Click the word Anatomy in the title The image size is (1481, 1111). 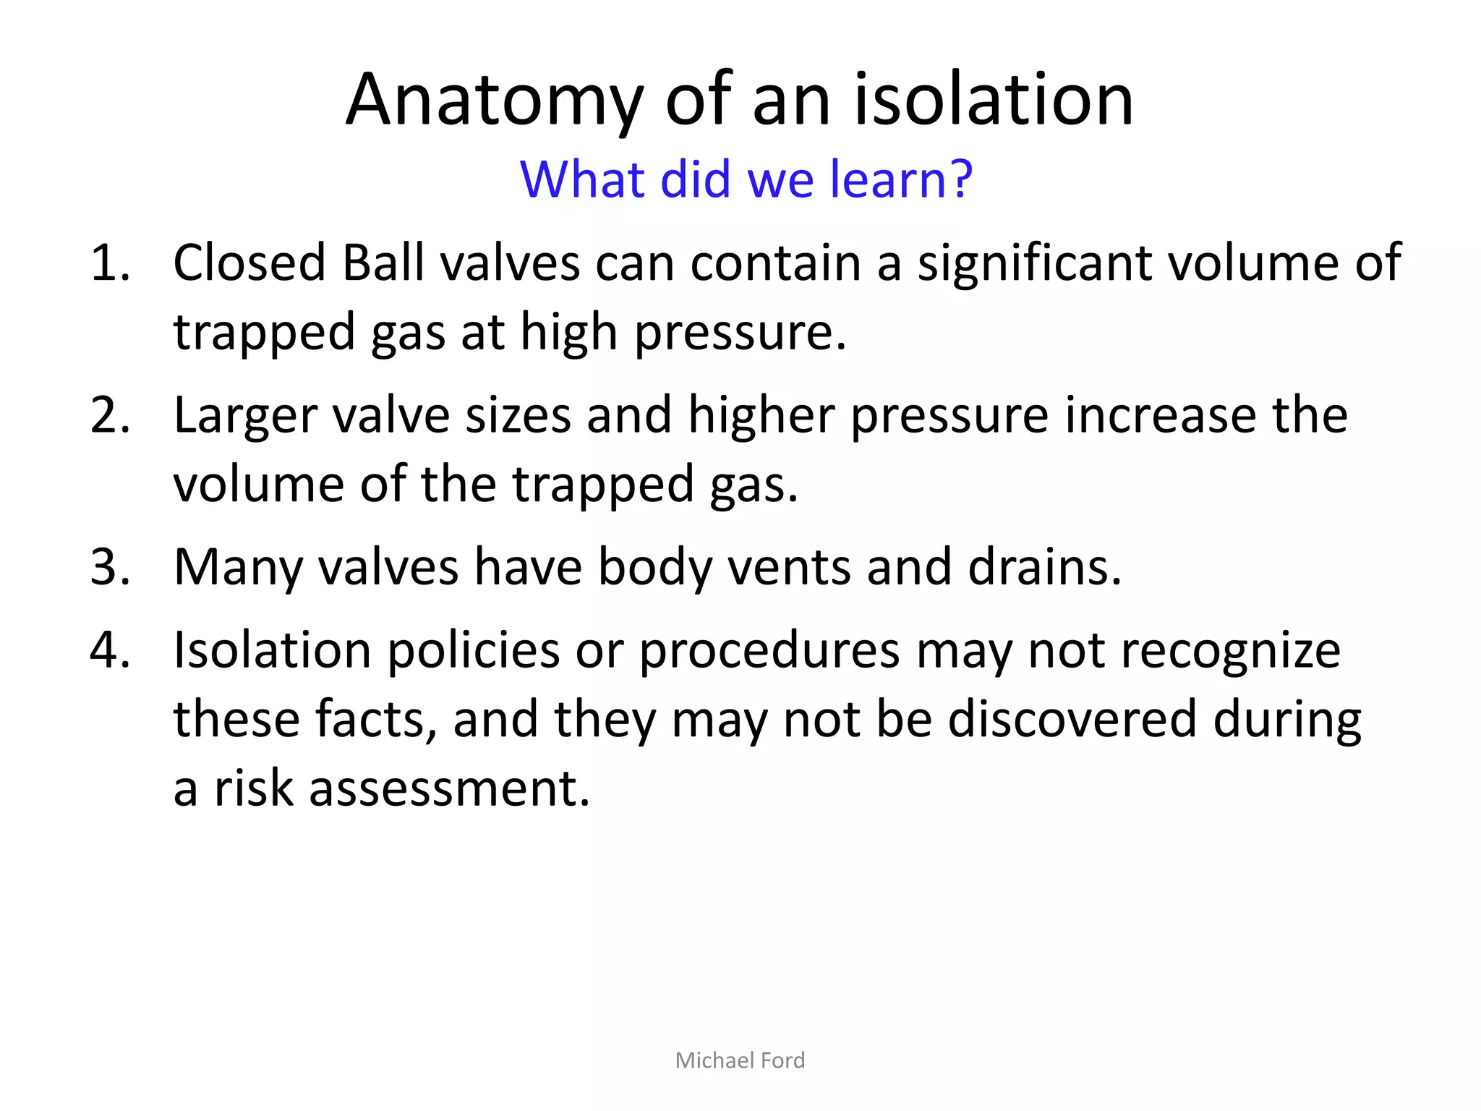494,101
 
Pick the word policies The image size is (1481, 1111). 473,650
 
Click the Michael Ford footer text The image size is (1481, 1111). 740,1060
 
